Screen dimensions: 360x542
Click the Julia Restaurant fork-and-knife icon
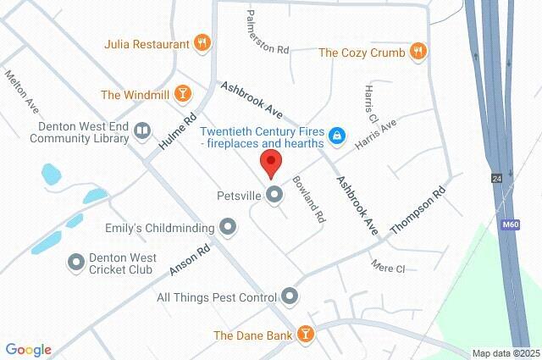point(202,43)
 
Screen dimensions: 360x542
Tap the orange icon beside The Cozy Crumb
point(418,53)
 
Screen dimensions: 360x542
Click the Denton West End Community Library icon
point(142,130)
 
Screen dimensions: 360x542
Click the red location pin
point(271,163)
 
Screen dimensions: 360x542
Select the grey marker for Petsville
point(274,197)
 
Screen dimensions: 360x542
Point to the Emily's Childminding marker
point(228,227)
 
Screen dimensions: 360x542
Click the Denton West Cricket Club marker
point(76,262)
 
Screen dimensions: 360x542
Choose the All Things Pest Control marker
point(290,296)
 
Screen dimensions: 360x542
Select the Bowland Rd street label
point(309,199)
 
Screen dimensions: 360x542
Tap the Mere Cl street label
point(389,267)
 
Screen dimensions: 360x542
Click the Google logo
point(28,350)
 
